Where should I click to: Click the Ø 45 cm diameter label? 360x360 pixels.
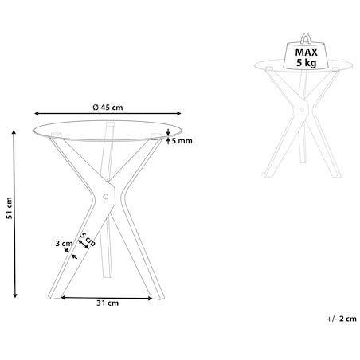tap(108, 108)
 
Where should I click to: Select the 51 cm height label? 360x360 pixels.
tap(10, 208)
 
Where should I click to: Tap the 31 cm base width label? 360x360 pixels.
tap(108, 303)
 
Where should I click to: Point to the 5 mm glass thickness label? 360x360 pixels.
tap(182, 141)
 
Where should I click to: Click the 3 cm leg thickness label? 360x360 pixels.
tap(64, 243)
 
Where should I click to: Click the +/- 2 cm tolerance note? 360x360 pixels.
tap(342, 319)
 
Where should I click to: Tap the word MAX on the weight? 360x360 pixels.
tap(306, 53)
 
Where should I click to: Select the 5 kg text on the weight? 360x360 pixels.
tap(307, 63)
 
